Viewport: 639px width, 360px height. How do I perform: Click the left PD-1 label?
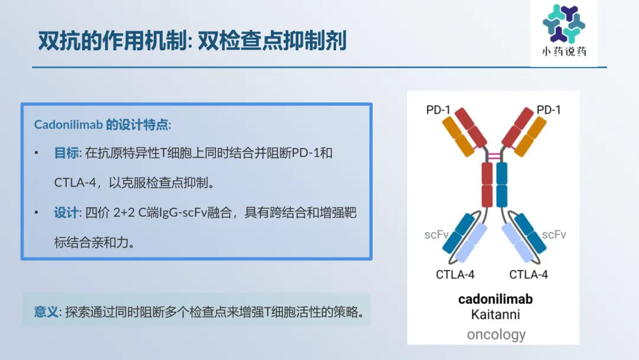438,110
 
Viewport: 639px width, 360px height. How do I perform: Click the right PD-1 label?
548,110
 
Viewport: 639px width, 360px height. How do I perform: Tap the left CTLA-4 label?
455,275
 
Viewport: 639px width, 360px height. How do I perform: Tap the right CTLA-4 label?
528,275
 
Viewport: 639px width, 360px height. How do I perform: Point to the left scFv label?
437,235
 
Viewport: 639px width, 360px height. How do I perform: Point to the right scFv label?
554,235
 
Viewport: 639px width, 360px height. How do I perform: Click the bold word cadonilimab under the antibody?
495,299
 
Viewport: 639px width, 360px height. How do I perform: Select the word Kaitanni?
496,315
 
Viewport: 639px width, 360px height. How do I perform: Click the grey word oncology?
496,335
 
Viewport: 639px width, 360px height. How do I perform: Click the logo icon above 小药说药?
564,23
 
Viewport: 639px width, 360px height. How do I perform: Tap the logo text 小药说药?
564,52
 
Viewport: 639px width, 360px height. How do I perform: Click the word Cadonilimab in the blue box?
68,125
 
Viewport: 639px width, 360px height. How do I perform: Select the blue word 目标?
66,153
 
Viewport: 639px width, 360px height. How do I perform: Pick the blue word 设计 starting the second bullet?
66,213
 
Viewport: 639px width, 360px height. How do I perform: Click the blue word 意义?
46,312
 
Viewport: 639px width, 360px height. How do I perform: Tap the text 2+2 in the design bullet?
124,213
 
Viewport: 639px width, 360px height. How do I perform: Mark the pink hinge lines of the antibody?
494,156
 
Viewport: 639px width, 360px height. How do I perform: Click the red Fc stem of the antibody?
487,185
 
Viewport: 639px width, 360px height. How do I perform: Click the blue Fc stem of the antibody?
502,185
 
